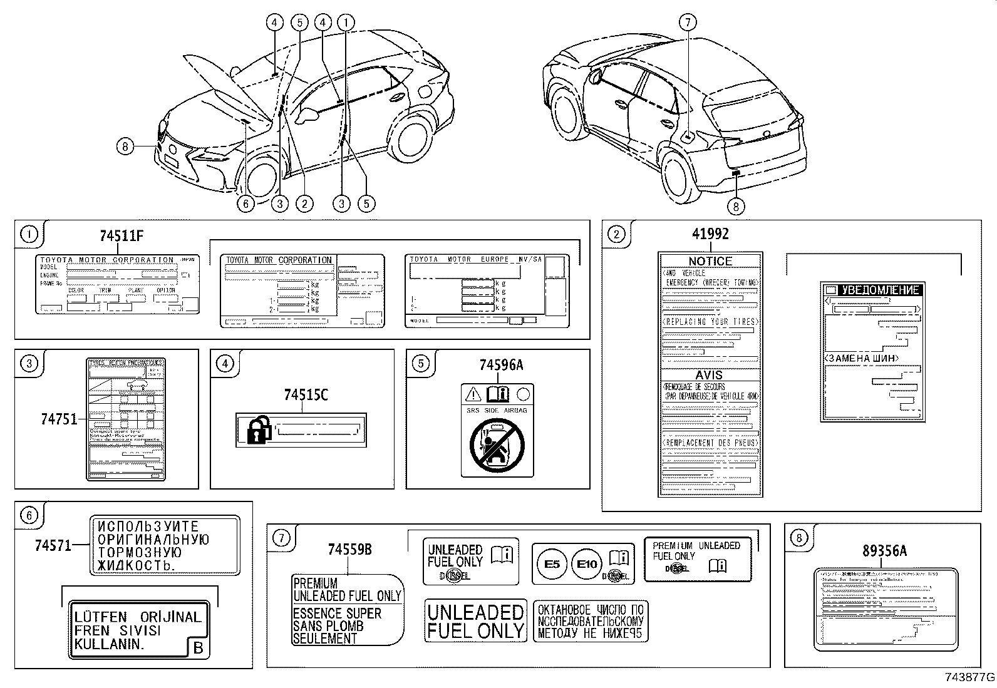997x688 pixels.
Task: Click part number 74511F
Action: pyautogui.click(x=121, y=236)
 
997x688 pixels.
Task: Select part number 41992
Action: pyautogui.click(x=710, y=234)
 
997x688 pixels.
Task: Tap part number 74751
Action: pyautogui.click(x=59, y=419)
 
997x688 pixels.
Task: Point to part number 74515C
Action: pyautogui.click(x=306, y=395)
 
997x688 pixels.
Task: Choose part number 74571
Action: pyautogui.click(x=53, y=545)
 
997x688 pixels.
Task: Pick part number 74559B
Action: pyautogui.click(x=349, y=549)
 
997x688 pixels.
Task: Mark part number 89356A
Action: pyautogui.click(x=884, y=551)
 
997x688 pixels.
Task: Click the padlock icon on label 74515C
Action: pyautogui.click(x=259, y=431)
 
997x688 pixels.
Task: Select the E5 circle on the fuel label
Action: pyautogui.click(x=552, y=564)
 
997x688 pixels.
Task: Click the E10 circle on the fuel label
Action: pyautogui.click(x=587, y=564)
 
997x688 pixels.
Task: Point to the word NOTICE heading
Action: pyautogui.click(x=710, y=261)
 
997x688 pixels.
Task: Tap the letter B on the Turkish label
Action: pyautogui.click(x=199, y=648)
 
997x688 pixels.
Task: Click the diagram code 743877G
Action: pyautogui.click(x=969, y=678)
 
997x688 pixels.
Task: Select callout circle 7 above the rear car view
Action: pyautogui.click(x=687, y=23)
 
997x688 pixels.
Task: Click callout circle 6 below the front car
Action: pyautogui.click(x=245, y=203)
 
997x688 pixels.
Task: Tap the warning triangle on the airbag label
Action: pyautogui.click(x=473, y=394)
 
